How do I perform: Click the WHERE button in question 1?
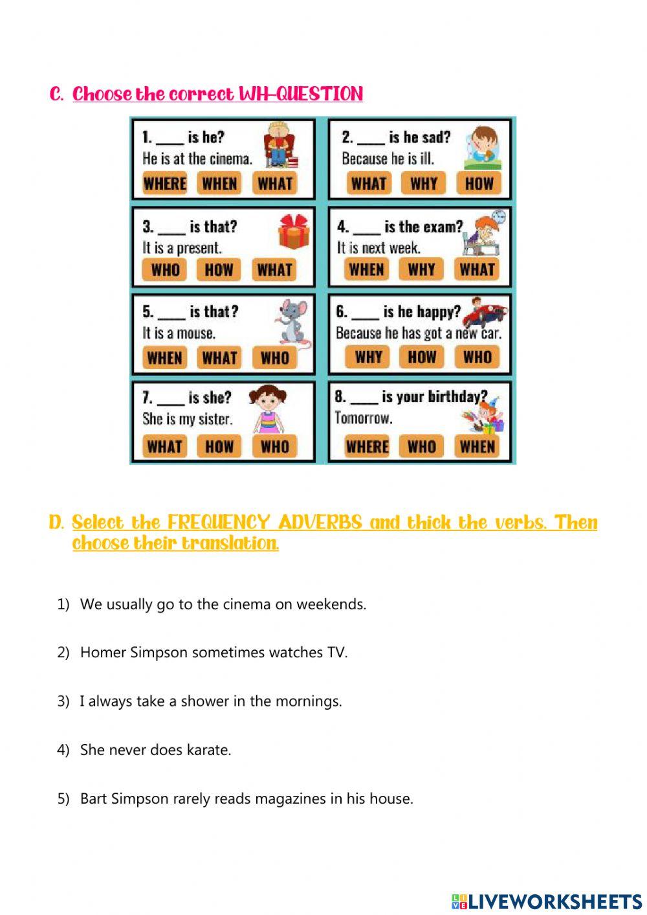164,184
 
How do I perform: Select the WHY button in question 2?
424,184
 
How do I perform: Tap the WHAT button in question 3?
274,270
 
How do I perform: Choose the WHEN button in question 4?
366,270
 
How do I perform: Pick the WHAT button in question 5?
219,357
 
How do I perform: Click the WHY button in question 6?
368,357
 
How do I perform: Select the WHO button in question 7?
274,446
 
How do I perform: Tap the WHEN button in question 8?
477,446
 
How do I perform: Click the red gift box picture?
294,232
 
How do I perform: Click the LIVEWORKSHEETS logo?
547,901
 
